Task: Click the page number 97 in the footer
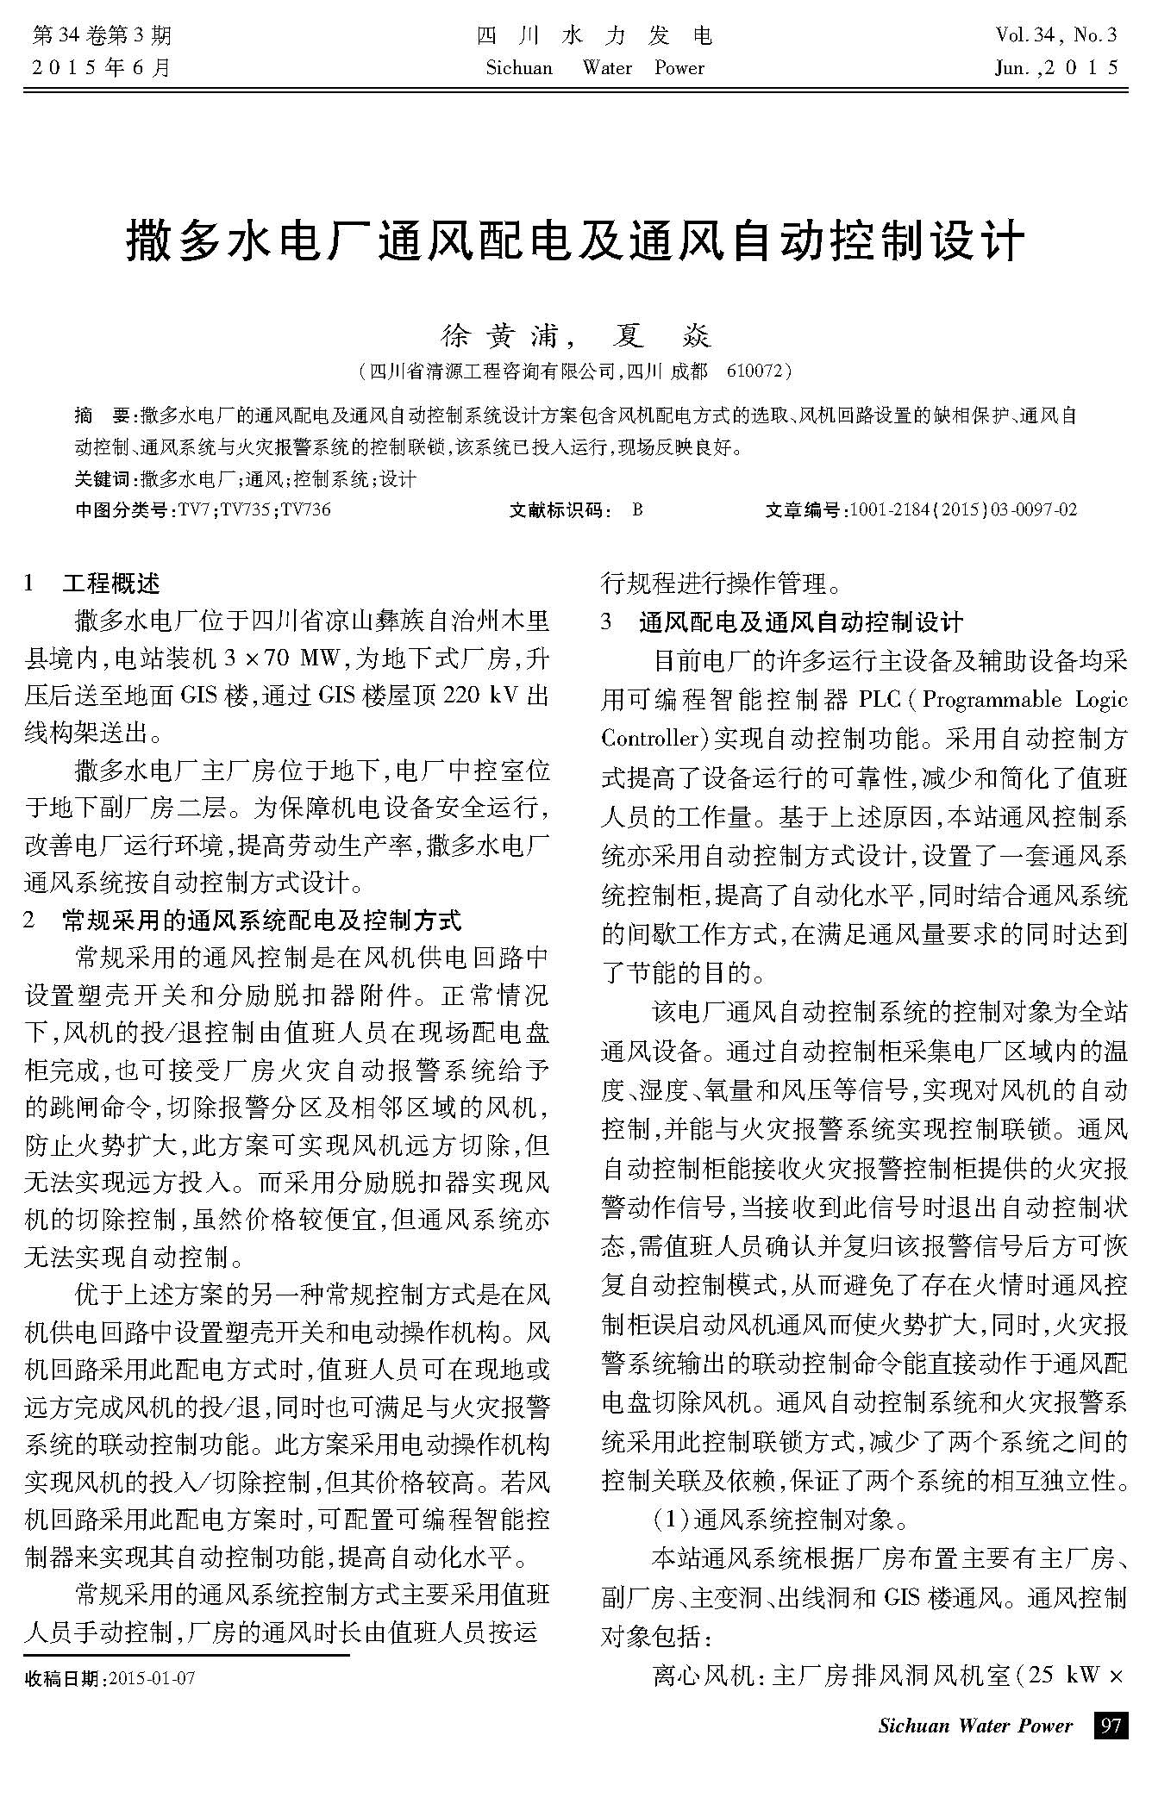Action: [1111, 1726]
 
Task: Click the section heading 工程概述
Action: [111, 584]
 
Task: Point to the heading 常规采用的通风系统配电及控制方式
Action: [262, 920]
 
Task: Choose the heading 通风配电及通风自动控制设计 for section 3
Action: [801, 621]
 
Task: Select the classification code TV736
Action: [306, 509]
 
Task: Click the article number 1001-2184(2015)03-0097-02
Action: [963, 509]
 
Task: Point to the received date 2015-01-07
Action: [150, 1678]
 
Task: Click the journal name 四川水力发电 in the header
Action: [594, 36]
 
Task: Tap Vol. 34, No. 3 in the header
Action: [1055, 36]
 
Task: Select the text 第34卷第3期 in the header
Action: [101, 36]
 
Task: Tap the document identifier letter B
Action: [637, 509]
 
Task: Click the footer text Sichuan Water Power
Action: [975, 1726]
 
